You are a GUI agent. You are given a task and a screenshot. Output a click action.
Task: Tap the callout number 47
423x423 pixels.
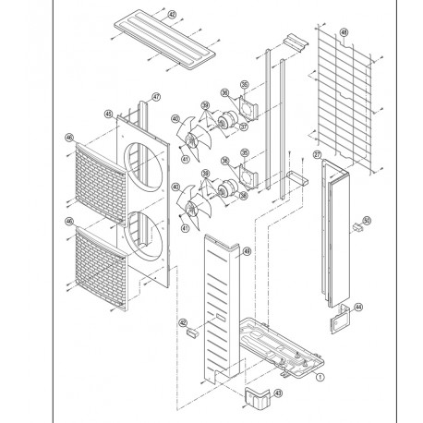point(156,98)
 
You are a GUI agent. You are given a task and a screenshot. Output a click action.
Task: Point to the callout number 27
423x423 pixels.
point(317,155)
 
